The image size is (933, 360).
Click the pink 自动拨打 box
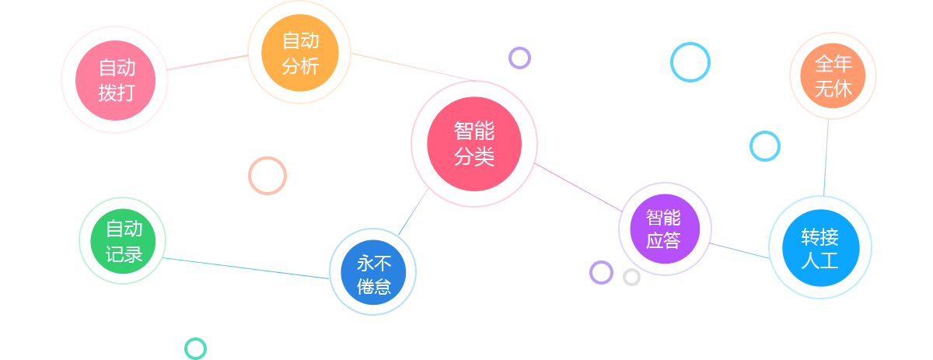(115, 80)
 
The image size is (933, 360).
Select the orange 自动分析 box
(299, 53)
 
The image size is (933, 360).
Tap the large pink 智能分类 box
(473, 144)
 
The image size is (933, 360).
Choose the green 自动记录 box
(123, 241)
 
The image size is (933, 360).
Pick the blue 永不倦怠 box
(373, 272)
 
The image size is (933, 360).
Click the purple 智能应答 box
(664, 229)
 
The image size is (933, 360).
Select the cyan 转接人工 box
(817, 247)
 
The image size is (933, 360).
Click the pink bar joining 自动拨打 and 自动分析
(207, 62)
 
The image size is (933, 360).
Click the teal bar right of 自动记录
(230, 266)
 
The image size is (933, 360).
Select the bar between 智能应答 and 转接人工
(739, 250)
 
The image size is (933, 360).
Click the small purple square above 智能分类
(519, 58)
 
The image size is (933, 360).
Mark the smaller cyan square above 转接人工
(764, 146)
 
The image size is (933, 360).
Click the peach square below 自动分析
(267, 176)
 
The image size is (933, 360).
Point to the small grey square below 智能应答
(631, 277)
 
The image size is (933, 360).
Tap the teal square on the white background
(195, 348)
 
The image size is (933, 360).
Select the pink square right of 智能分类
(560, 175)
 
